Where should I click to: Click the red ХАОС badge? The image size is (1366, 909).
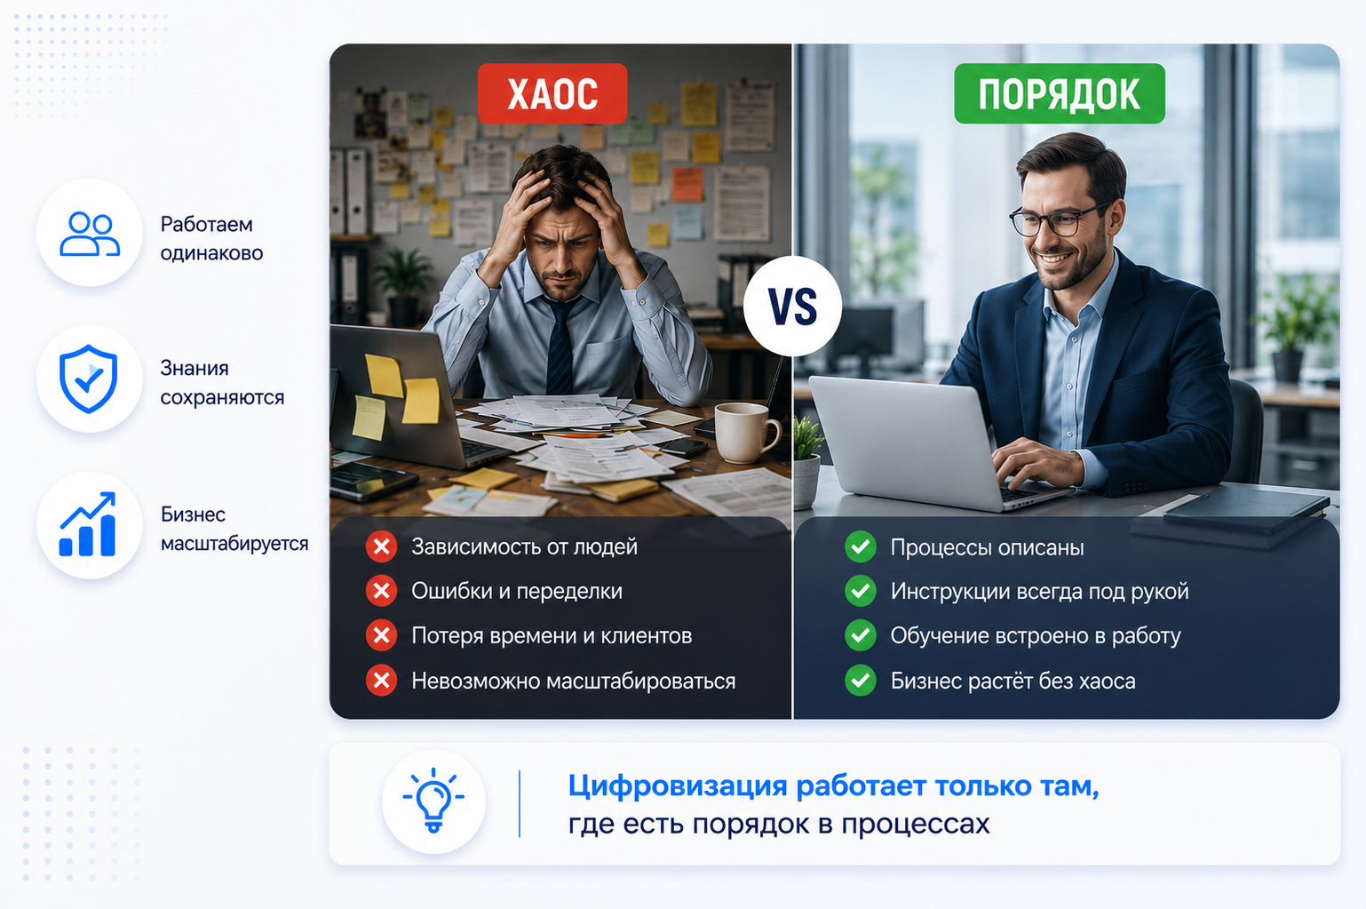coord(552,93)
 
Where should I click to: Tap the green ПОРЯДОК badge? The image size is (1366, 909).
coord(1060,93)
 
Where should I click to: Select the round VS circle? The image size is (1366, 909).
coord(792,307)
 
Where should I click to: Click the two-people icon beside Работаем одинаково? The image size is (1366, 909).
coord(90,233)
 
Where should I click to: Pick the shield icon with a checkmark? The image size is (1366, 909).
coord(89,379)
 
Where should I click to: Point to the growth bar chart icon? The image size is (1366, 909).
coord(88,524)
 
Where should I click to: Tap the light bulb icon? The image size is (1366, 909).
coord(433,800)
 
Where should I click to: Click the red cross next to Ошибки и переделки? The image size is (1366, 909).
coord(382,591)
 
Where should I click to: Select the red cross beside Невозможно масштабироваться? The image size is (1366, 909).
coord(382,681)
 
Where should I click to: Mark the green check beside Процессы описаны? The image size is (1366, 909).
coord(861,546)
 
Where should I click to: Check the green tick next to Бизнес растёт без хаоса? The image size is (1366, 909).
coord(861,681)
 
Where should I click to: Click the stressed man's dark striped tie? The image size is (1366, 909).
coord(560,345)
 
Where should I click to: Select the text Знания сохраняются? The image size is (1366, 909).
coord(222,382)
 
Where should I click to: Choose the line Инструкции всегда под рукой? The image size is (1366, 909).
coord(1039,591)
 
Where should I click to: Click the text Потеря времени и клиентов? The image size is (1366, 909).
coord(552,635)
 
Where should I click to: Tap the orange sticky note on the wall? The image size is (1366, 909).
coord(687,184)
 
